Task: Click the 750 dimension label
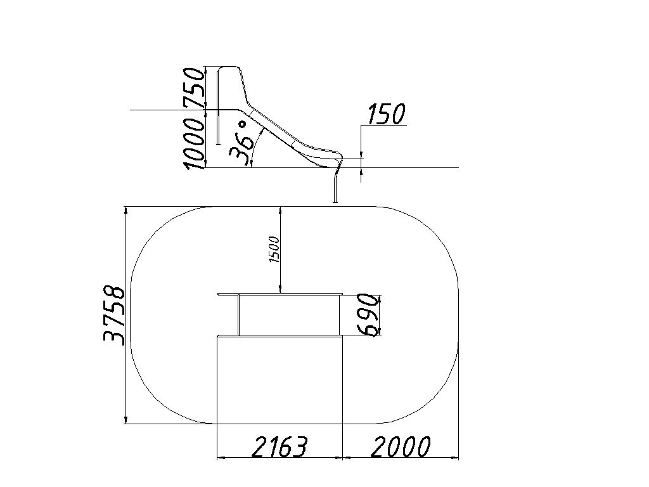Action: (194, 87)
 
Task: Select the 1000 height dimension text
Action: (194, 143)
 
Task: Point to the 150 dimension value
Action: (386, 114)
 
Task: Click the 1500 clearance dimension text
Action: (274, 249)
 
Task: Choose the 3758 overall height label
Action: (113, 315)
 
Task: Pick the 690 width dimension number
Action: (368, 315)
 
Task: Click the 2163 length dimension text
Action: (280, 447)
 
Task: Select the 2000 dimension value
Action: (401, 447)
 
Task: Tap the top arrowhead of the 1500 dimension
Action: (281, 210)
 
